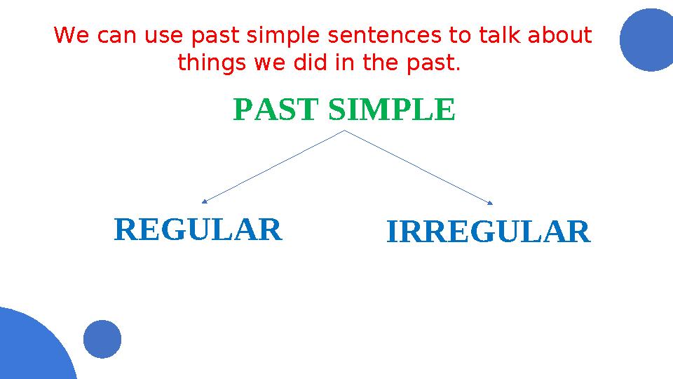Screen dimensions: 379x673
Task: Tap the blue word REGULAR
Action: [x=198, y=230]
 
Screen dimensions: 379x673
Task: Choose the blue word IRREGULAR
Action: [x=488, y=232]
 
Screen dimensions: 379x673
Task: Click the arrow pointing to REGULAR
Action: [x=273, y=166]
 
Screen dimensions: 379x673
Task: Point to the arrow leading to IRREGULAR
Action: [x=419, y=167]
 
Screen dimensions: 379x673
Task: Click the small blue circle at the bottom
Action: [x=102, y=339]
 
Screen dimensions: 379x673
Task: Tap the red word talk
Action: [x=499, y=35]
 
